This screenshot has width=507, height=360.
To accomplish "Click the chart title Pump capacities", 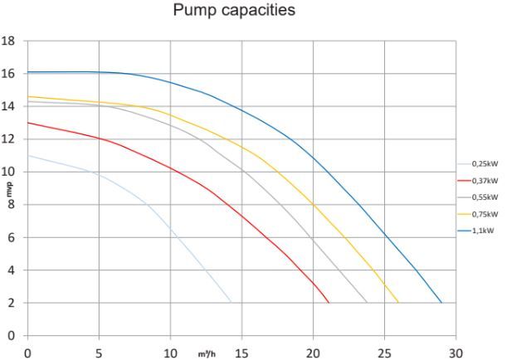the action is point(234,10).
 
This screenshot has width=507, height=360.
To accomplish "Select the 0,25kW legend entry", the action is point(478,164).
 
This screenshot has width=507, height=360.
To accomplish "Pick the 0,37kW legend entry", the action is point(478,181).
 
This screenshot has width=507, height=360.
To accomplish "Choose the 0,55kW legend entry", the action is point(478,197).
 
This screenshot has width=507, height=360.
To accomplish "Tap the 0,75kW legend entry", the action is point(478,214).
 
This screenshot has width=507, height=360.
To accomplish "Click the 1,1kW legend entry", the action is point(475,231).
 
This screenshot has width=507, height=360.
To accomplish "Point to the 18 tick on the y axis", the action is point(7,41).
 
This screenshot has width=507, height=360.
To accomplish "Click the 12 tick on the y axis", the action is point(7,139).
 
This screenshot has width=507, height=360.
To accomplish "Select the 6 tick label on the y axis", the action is point(11,237).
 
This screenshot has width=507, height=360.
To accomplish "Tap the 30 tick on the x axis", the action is point(456,353).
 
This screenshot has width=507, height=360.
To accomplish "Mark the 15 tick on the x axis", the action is point(241,353).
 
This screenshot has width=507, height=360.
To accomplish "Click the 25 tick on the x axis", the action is point(384,353).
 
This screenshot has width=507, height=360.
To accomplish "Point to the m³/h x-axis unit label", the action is point(207,354).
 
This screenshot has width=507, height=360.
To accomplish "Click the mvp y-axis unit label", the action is point(10,190).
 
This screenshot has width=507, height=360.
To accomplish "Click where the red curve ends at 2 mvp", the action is point(329,303).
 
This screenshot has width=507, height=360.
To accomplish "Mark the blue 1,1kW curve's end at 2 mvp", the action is point(441,303).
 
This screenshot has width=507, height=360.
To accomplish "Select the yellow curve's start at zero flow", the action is point(28,96).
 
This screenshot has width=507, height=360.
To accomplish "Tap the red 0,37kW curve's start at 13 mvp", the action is point(28,123).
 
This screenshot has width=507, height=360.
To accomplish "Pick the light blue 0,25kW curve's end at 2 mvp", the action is point(231,303).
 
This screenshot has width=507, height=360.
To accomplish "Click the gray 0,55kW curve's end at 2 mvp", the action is point(368,303).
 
